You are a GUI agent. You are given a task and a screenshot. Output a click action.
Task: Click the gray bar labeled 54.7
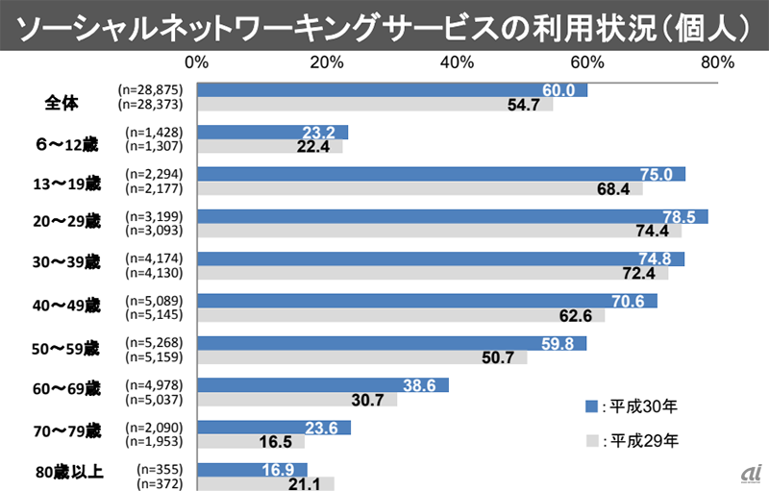(x=375, y=105)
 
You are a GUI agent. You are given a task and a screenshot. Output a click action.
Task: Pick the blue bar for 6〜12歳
(x=272, y=133)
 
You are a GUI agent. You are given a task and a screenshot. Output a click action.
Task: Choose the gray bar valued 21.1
(x=265, y=484)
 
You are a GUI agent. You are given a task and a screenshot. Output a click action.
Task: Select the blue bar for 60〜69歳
(x=322, y=385)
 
